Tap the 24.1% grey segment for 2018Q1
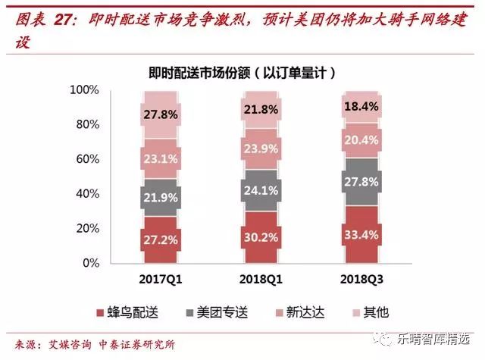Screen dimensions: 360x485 click(260, 191)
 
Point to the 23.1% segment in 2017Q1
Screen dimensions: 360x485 click(161, 159)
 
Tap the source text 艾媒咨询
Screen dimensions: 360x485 click(63, 343)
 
